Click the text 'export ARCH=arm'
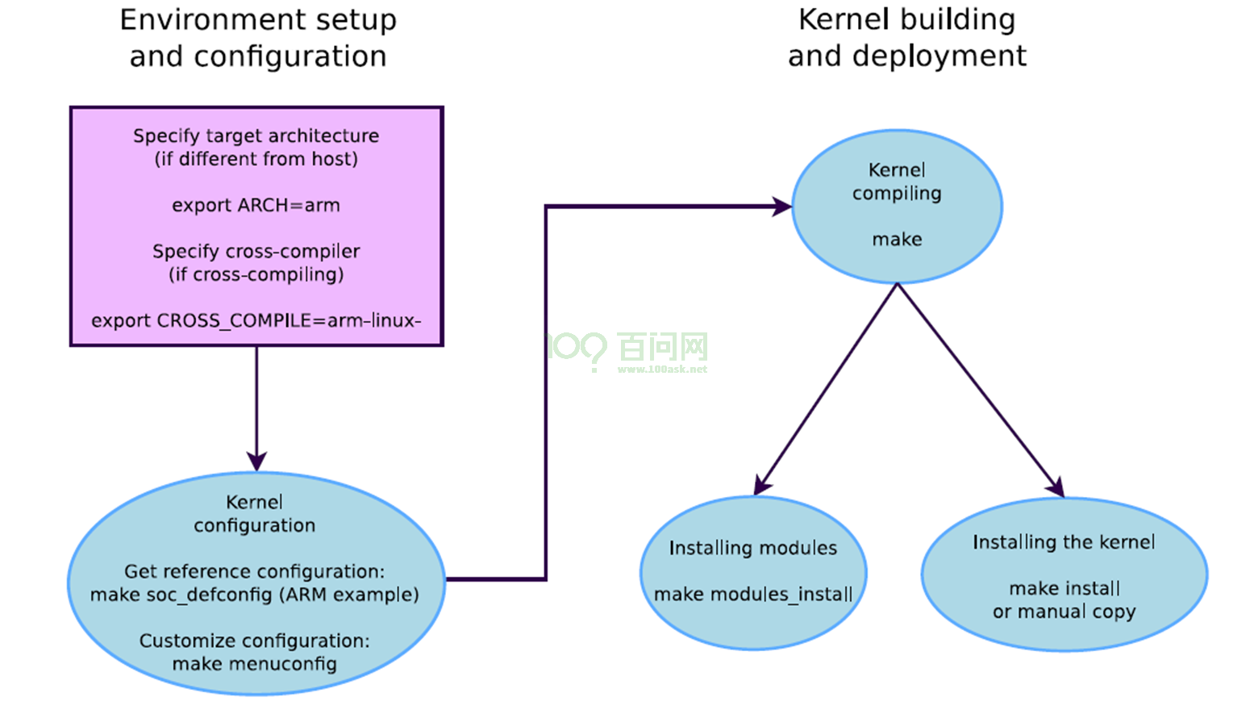(256, 205)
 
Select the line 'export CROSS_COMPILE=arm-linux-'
(256, 320)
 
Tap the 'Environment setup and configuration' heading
(258, 38)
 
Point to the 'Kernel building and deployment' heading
(906, 38)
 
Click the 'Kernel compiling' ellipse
(897, 207)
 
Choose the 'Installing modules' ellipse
(753, 572)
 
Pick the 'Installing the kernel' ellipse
(1064, 574)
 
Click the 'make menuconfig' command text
(254, 664)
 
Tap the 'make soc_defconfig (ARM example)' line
(254, 595)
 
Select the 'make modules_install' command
(753, 595)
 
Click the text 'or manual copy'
(1064, 612)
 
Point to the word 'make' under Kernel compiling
(897, 239)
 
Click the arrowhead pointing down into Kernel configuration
(256, 462)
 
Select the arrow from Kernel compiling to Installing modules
(827, 388)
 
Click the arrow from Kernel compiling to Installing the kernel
(980, 390)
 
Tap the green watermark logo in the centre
(627, 351)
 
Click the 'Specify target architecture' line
(256, 136)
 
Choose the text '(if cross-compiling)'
(256, 274)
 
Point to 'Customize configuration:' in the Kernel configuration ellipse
(254, 641)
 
